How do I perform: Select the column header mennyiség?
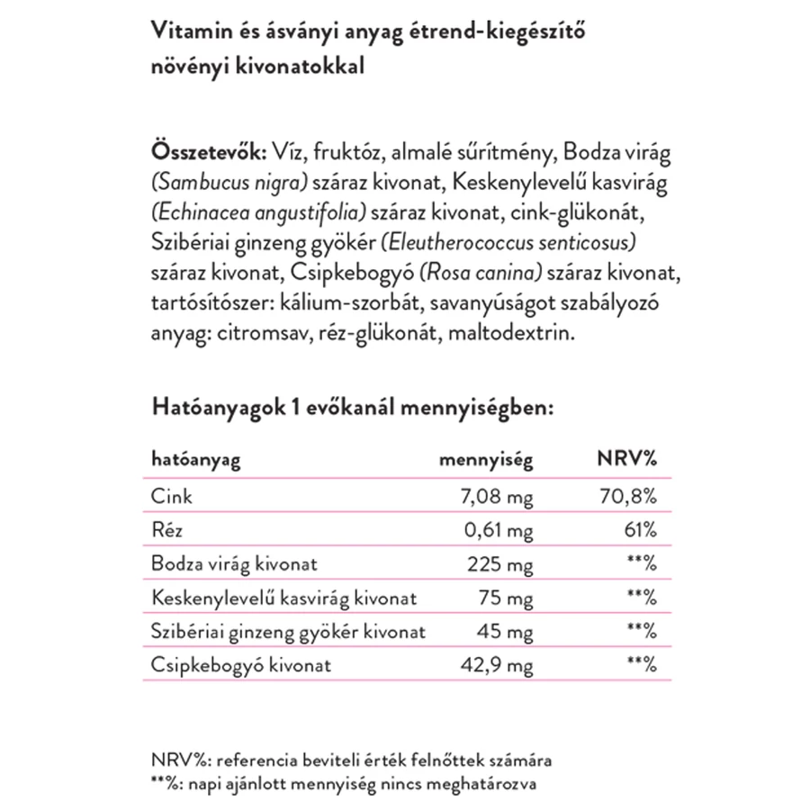pos(485,461)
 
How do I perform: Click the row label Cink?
pos(172,496)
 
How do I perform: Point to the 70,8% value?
pos(627,496)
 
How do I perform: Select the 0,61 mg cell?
pos(499,531)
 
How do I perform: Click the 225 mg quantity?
pos(501,565)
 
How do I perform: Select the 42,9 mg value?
pos(499,666)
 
